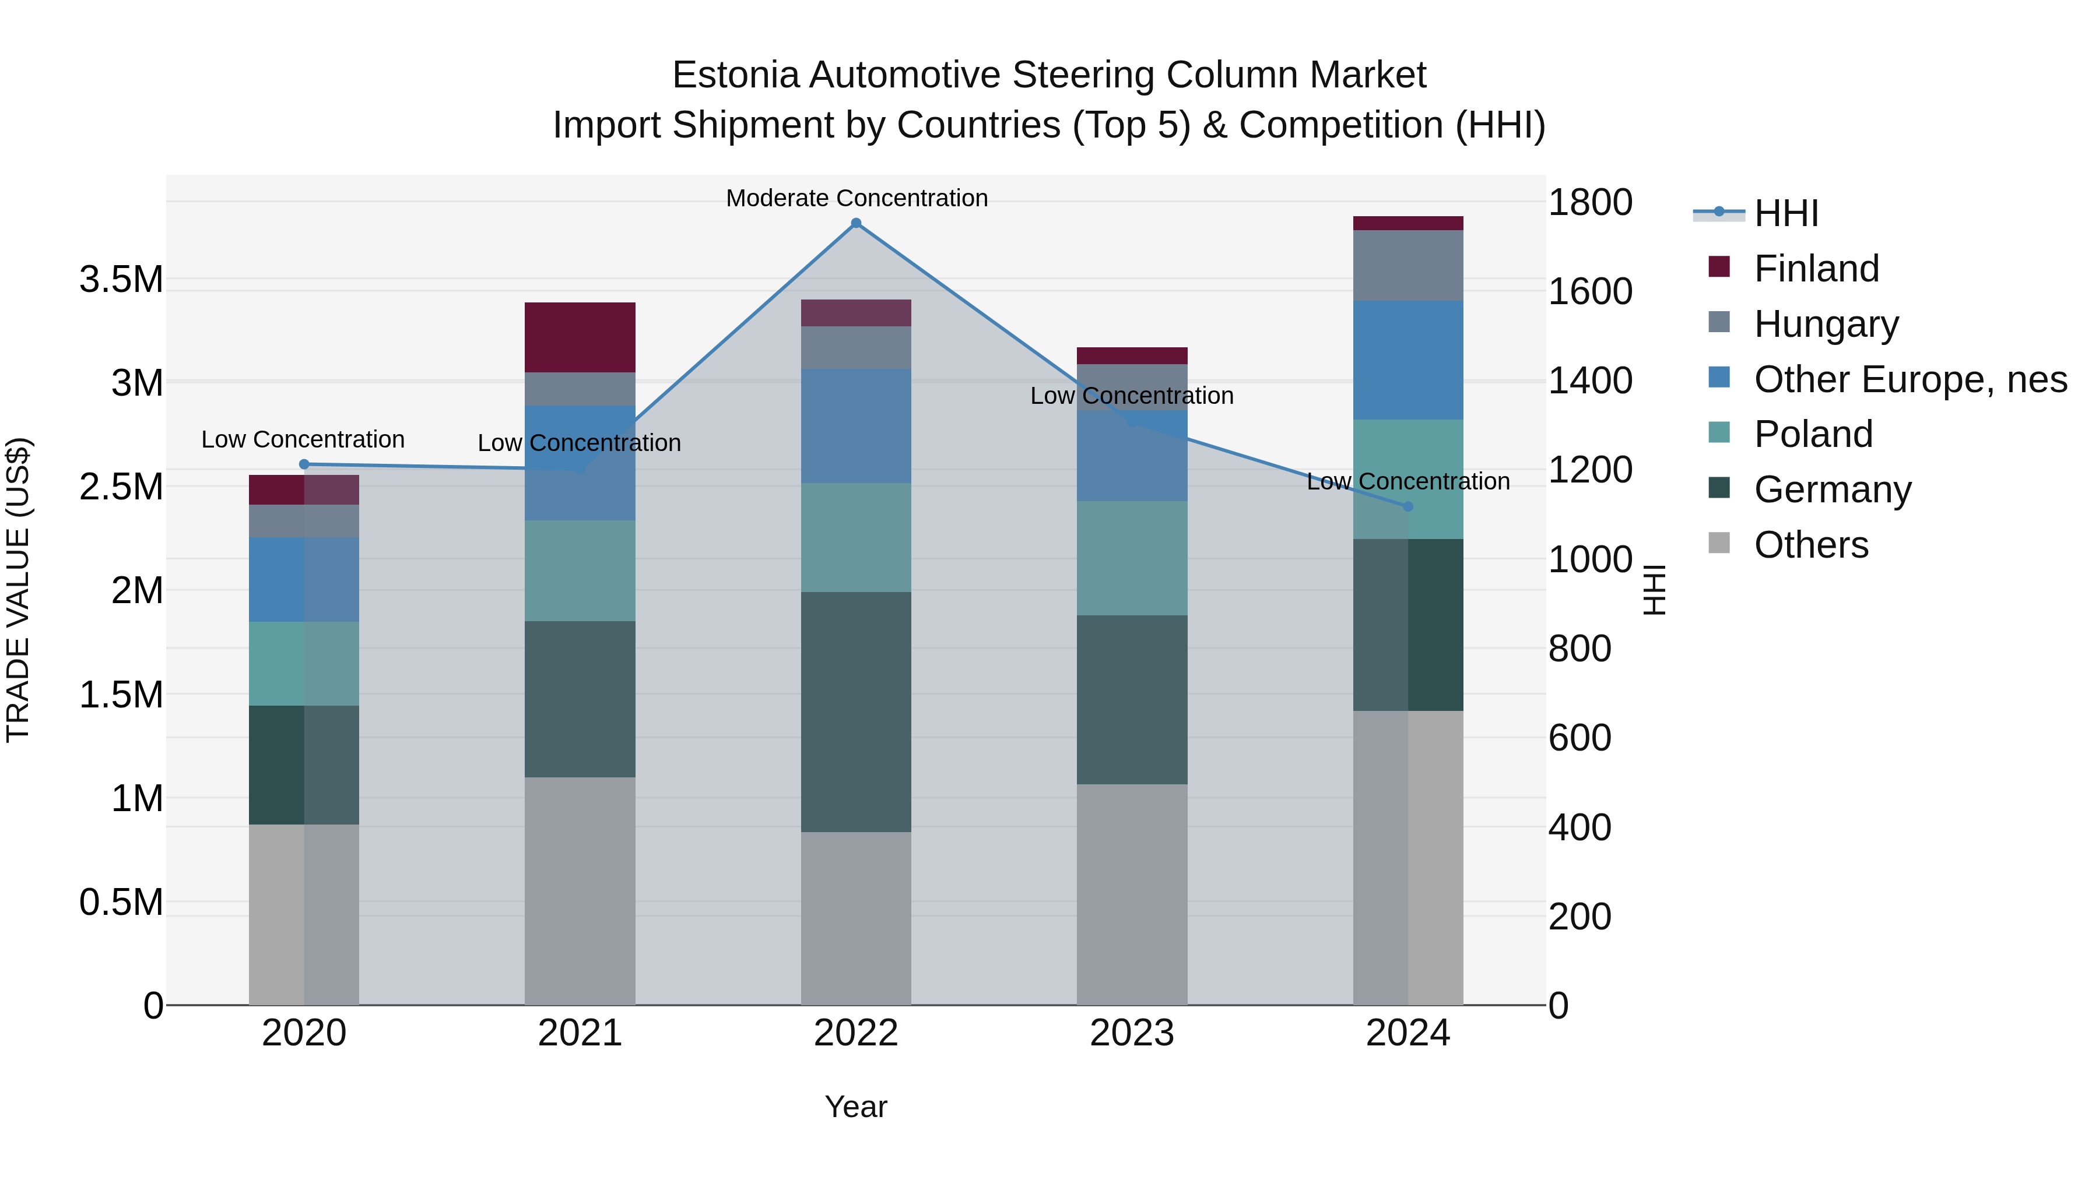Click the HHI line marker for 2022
click(855, 223)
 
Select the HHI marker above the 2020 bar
click(304, 464)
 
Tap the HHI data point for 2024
click(1407, 506)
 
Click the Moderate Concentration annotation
click(857, 198)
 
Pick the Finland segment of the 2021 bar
click(580, 337)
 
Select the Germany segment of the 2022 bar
click(855, 711)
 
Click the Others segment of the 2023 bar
click(1132, 894)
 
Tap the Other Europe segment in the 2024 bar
click(1407, 360)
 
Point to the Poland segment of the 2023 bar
click(1132, 558)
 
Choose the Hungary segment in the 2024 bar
click(1407, 266)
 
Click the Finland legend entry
click(1816, 269)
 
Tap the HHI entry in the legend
click(1785, 213)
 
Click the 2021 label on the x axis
click(580, 1033)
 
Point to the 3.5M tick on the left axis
click(121, 279)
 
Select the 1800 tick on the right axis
click(1590, 202)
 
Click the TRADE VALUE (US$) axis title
click(18, 590)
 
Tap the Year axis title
click(855, 1107)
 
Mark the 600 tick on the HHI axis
click(1579, 738)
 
